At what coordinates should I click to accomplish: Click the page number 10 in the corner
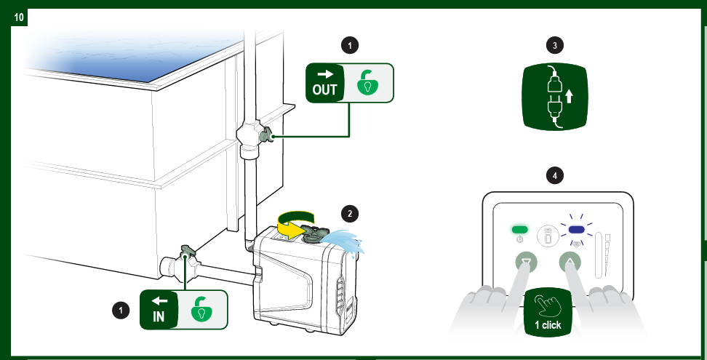click(x=19, y=17)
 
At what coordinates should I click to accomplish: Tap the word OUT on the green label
click(x=324, y=89)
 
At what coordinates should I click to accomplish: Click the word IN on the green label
click(x=159, y=317)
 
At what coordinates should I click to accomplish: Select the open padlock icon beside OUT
click(x=368, y=83)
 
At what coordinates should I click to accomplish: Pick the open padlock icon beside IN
click(x=202, y=310)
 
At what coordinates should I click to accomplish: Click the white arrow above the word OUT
click(x=324, y=74)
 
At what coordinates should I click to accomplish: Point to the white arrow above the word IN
click(x=159, y=300)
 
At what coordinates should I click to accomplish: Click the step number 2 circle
click(x=350, y=214)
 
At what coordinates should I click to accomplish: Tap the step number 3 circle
click(x=554, y=45)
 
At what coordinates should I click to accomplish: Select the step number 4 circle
click(x=554, y=175)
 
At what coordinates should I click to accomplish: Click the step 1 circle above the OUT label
click(x=350, y=45)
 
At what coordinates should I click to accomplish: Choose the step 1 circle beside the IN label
click(x=121, y=310)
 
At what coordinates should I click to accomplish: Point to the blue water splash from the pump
click(x=345, y=241)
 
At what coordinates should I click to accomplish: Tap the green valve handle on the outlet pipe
click(x=267, y=135)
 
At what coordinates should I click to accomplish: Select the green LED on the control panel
click(x=519, y=230)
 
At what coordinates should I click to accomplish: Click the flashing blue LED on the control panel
click(x=577, y=230)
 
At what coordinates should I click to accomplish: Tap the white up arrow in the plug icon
click(x=569, y=96)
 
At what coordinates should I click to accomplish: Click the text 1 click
click(x=548, y=325)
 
